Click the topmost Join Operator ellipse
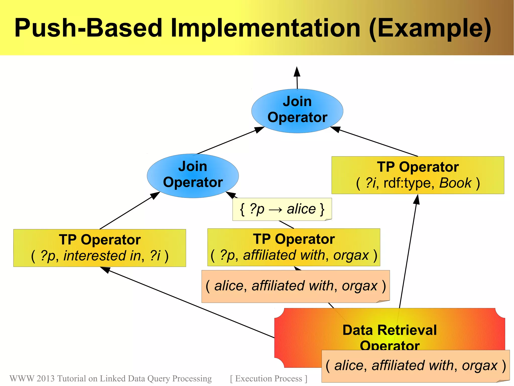coord(297,111)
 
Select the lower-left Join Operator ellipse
coord(193,176)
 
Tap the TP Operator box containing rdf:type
coord(418,175)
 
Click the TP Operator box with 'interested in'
coord(100,248)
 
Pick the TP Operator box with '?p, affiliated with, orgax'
coord(294,247)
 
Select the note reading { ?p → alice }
coord(282,209)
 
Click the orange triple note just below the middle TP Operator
coord(295,286)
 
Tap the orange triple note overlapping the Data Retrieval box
coord(415,366)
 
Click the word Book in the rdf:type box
coord(455,183)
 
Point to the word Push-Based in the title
coord(88,28)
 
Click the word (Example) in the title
coord(430,28)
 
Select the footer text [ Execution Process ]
coord(269,378)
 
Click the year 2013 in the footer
coord(45,378)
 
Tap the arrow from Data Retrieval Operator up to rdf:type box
coord(408,251)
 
